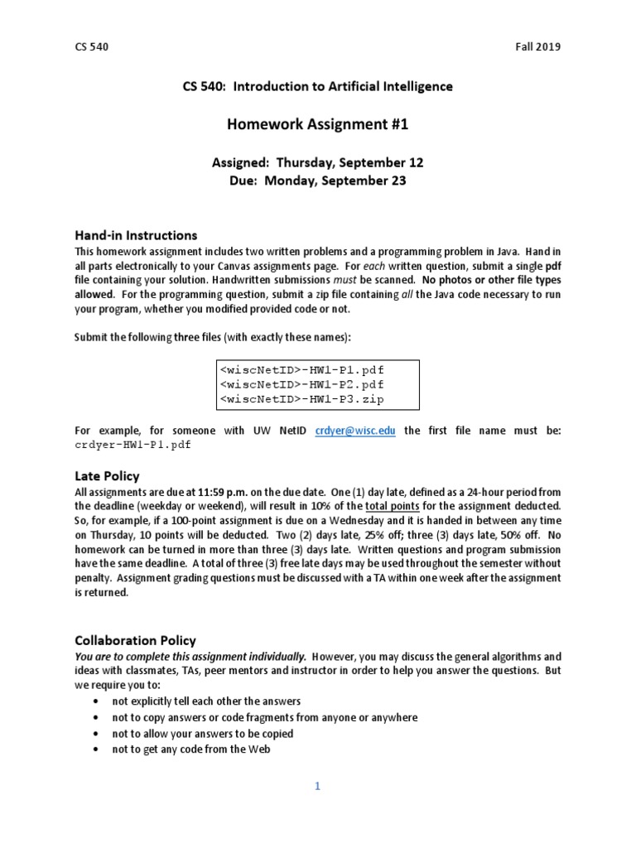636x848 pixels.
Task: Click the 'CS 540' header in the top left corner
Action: pos(91,47)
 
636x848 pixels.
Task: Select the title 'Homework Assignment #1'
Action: pos(318,125)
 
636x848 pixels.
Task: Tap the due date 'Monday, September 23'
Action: pos(335,181)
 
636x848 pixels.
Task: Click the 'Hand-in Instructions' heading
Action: pos(136,235)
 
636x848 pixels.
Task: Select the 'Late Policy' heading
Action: pos(107,476)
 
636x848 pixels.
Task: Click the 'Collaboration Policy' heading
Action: pos(135,640)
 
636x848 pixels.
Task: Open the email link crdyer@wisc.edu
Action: pos(355,431)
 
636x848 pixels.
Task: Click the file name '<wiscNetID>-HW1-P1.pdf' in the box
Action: pos(301,369)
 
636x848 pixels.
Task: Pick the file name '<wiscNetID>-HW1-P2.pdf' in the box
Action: pos(301,384)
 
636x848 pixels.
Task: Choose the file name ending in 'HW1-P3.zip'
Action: pos(301,400)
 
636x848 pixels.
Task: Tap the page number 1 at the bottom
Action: pos(317,787)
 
